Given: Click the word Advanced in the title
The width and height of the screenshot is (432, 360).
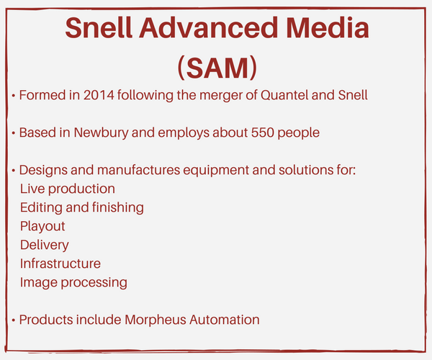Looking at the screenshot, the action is pos(208,27).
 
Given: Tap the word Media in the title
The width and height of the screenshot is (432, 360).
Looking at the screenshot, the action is pos(328,27).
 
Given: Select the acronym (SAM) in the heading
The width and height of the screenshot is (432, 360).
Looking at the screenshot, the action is pos(217,68).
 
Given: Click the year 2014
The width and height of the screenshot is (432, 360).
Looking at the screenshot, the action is pos(99,95).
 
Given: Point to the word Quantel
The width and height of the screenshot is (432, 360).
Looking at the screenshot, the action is pos(284,95).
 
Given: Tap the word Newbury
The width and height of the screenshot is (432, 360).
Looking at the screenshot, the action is pos(101,132).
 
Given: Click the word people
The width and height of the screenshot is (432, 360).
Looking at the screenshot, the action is pos(298,133).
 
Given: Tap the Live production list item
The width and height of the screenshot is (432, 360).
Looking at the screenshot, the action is pos(68,189).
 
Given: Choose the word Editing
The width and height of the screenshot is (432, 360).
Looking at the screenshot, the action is pos(41,208).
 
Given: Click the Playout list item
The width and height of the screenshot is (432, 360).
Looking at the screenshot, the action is pos(42,227).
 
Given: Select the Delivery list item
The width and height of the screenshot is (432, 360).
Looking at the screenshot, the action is pos(45,246).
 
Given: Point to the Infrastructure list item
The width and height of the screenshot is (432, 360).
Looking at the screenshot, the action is pos(60,264).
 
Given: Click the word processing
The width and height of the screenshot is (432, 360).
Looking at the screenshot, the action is pos(94,283).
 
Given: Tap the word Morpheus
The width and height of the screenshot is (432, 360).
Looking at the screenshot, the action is pos(156,320).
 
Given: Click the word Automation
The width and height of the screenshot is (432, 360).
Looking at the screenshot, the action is pos(225,320).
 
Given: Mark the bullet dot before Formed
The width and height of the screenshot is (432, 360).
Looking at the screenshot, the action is pos(13,96).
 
